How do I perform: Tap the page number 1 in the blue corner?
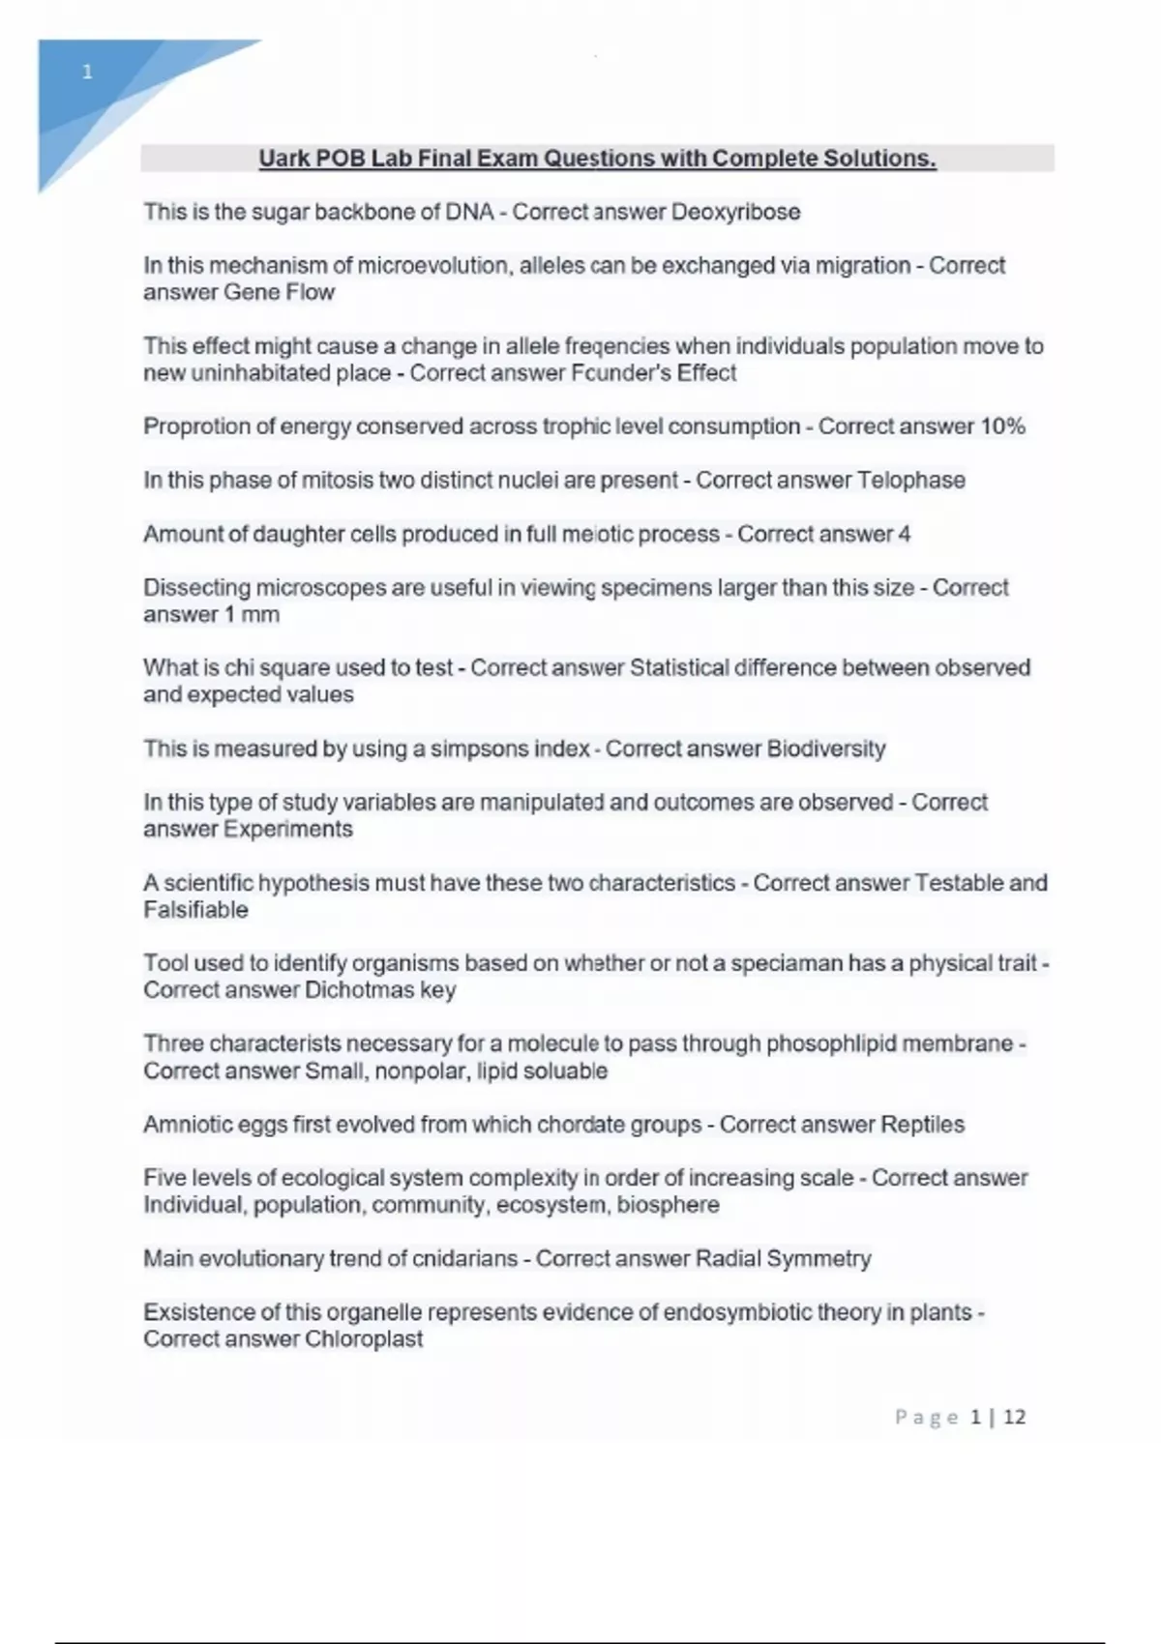(x=88, y=72)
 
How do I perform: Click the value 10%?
(x=1002, y=426)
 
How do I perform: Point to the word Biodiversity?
(x=825, y=749)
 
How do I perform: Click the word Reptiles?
(x=922, y=1125)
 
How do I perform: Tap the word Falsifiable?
(x=195, y=910)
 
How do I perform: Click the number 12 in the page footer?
(x=1014, y=1417)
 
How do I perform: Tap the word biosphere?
(x=668, y=1205)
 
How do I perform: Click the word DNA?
(x=469, y=212)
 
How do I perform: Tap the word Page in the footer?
(x=926, y=1417)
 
